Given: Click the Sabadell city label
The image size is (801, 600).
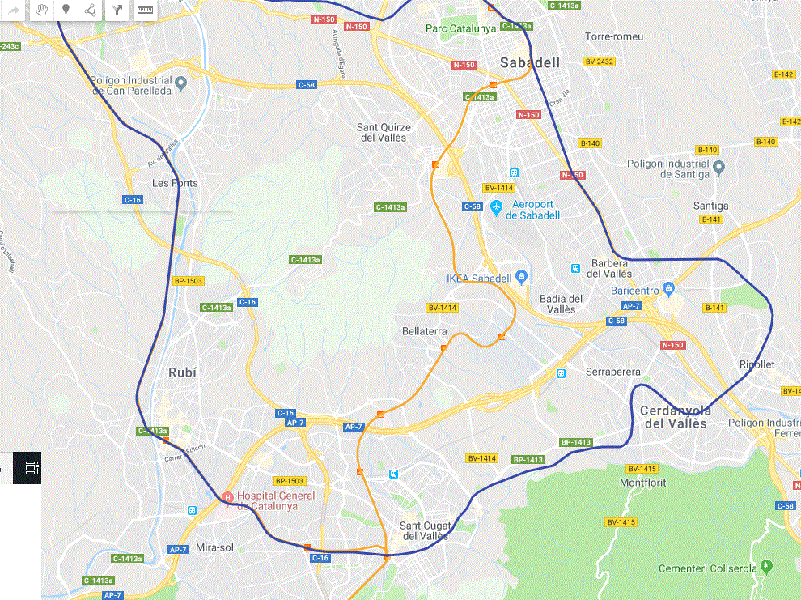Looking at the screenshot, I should [529, 62].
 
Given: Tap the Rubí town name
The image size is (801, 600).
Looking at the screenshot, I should [182, 372].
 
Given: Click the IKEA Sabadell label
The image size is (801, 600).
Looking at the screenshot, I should [479, 279].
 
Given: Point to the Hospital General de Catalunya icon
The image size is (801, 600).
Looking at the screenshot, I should [227, 496].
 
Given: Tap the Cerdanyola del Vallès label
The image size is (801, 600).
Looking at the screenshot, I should [673, 417].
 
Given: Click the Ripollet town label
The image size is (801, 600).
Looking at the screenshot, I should [756, 364].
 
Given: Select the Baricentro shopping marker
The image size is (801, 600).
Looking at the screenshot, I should [668, 288].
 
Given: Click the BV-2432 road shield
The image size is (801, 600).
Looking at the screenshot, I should [599, 62].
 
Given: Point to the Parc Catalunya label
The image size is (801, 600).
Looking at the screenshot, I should [460, 28].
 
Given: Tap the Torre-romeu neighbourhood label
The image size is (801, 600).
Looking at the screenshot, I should [613, 36].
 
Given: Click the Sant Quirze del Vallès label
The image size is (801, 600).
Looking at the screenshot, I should [384, 132].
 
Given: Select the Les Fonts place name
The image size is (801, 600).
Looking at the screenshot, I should [175, 183].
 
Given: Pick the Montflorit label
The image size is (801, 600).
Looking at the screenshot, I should [642, 483].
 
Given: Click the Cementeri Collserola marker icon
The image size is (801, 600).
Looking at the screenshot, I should [766, 565].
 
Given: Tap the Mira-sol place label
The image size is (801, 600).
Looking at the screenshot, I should [214, 547].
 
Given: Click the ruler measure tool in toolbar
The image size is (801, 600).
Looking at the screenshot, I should [145, 11].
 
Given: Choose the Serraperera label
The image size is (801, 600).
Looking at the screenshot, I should [612, 372].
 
